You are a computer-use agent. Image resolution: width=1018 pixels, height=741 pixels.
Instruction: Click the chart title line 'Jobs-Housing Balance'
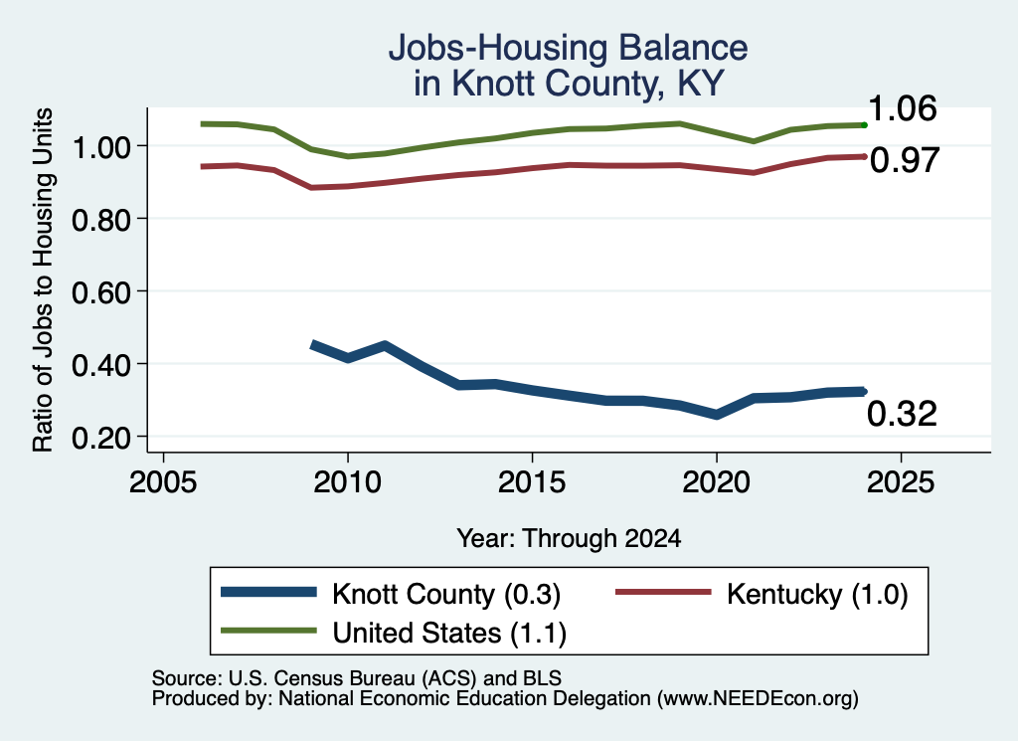pos(568,48)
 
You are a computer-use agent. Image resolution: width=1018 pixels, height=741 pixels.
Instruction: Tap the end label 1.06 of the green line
pos(902,108)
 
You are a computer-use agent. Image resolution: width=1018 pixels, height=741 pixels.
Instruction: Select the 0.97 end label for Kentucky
pos(905,160)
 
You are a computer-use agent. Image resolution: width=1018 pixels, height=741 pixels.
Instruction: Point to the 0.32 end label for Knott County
pos(902,414)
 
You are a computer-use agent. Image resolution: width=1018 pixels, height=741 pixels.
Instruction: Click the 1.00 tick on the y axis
pos(101,147)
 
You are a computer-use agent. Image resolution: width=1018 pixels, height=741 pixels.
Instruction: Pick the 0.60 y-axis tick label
pos(101,292)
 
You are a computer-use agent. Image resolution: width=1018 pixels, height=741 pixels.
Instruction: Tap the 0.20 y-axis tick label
pos(101,439)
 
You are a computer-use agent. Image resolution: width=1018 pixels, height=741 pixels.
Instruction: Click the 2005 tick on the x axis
pos(163,482)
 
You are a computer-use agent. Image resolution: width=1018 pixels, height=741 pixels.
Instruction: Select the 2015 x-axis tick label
pos(532,482)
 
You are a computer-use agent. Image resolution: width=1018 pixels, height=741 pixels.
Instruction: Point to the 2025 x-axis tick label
pos(901,482)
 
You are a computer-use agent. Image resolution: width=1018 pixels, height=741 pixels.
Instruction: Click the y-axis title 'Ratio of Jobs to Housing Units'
pos(43,279)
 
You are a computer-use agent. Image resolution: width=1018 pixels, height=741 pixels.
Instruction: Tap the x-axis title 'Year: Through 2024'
pos(569,538)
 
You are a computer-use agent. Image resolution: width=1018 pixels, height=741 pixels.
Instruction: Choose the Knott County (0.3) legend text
pos(446,594)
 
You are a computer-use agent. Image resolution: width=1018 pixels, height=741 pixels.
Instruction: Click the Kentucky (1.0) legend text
pos(817,594)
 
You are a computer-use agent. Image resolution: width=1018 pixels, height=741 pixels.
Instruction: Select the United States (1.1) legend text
pos(449,633)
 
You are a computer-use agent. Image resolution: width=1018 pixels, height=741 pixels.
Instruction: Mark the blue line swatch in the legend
pos(268,592)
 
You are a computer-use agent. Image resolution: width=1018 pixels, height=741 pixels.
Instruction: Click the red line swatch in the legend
pos(663,592)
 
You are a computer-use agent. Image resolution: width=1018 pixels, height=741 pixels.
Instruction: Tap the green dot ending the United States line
pos(864,124)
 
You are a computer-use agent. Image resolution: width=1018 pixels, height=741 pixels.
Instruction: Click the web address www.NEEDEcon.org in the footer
pos(757,699)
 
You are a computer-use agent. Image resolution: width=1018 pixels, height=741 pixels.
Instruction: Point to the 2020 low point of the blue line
pos(716,415)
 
